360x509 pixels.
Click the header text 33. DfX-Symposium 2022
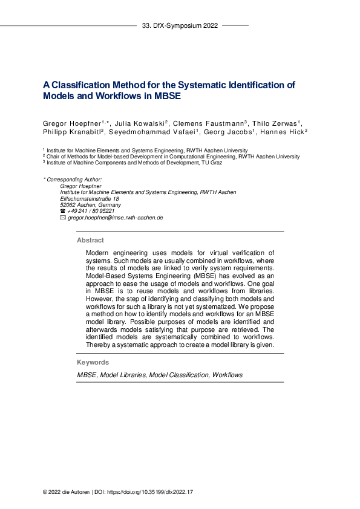pos(180,26)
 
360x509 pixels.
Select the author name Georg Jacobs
pos(219,132)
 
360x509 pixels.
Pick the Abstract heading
pos(90,240)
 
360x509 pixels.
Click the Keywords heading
pos(93,362)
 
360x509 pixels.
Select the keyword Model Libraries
pos(123,375)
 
